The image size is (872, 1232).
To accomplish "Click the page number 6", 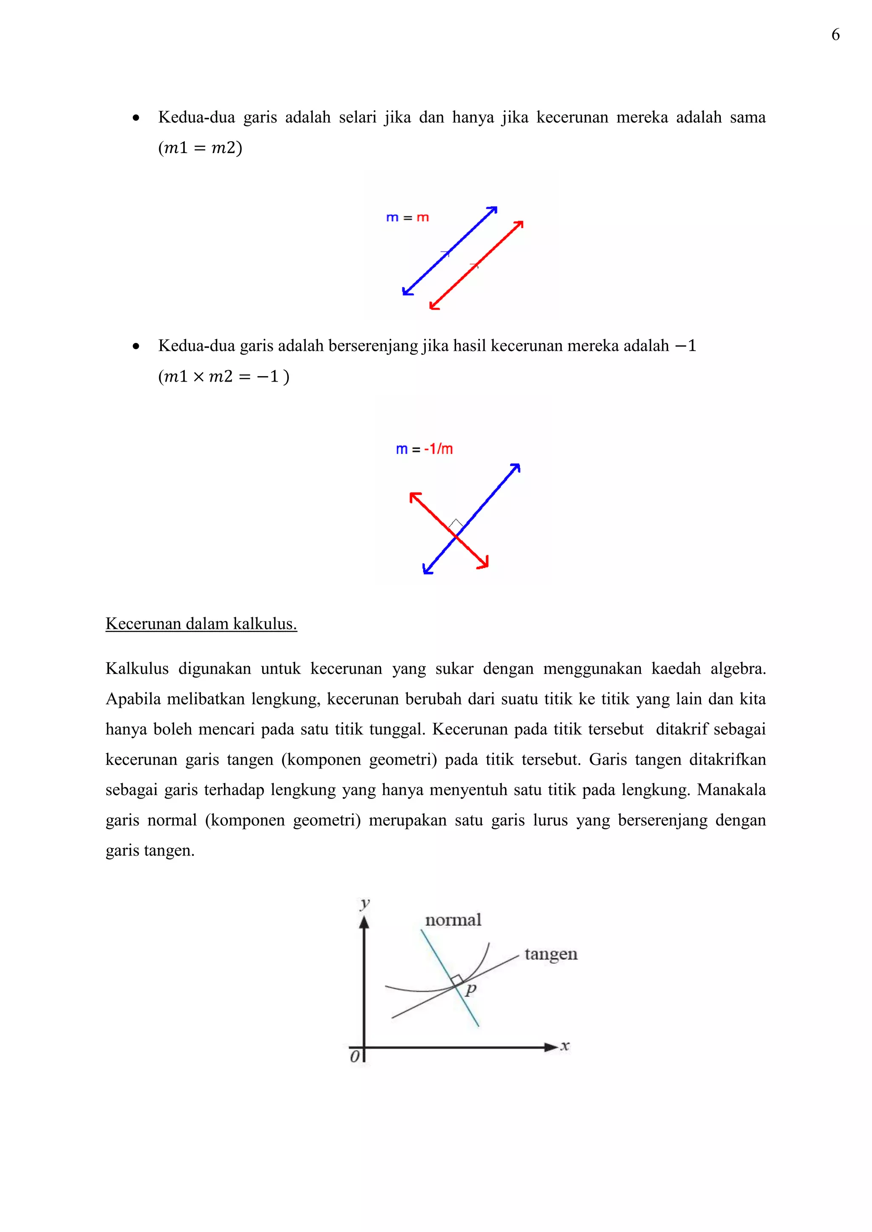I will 835,35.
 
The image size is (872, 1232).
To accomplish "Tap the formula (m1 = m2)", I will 200,148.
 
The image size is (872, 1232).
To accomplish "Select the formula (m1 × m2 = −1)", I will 224,376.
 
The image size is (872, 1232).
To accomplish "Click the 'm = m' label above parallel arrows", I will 407,218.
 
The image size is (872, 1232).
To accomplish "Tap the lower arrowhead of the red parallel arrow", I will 434,306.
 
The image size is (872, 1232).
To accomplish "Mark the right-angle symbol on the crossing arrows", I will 456,524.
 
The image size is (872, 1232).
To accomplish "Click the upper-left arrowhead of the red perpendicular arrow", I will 414,497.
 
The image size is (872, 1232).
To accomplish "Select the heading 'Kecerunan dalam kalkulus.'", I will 201,624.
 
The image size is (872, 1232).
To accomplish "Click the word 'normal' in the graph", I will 453,920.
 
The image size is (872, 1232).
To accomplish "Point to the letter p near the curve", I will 471,989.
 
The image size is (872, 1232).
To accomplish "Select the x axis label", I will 565,1046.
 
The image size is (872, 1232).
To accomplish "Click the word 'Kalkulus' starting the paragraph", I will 137,669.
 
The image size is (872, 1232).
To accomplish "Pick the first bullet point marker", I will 136,118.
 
